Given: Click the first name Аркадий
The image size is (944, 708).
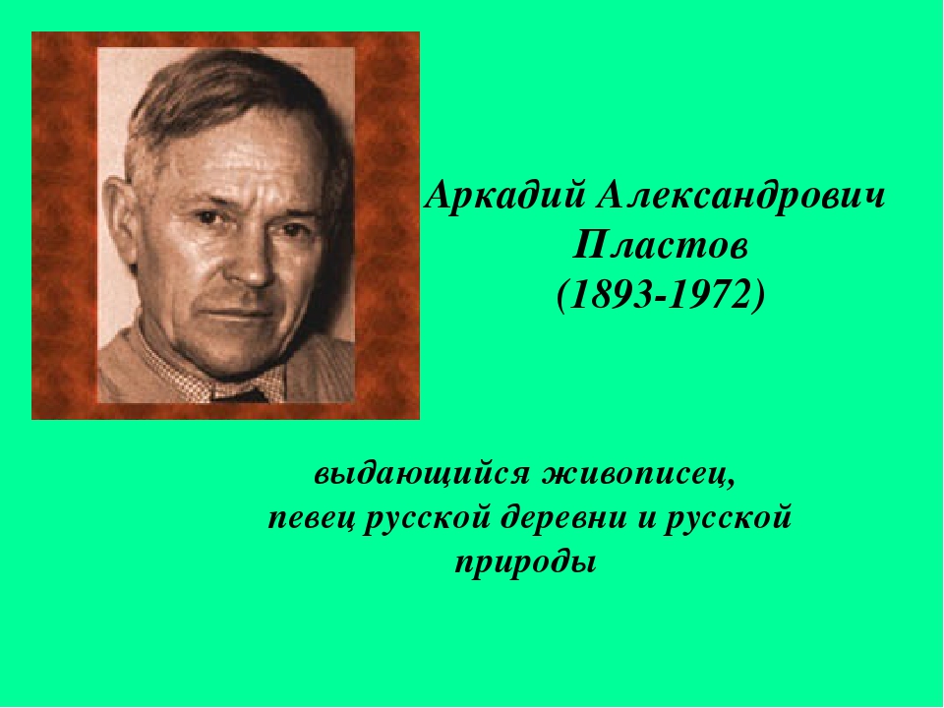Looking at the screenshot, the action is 505,197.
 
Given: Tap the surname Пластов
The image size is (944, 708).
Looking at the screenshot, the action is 661,246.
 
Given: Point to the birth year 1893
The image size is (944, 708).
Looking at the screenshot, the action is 613,294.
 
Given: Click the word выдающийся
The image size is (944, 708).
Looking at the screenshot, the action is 422,474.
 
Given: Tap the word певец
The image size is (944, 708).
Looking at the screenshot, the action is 312,519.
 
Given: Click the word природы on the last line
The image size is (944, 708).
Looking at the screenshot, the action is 525,564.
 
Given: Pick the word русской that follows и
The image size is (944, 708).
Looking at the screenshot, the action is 728,519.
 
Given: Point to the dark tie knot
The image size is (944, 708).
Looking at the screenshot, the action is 242,395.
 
